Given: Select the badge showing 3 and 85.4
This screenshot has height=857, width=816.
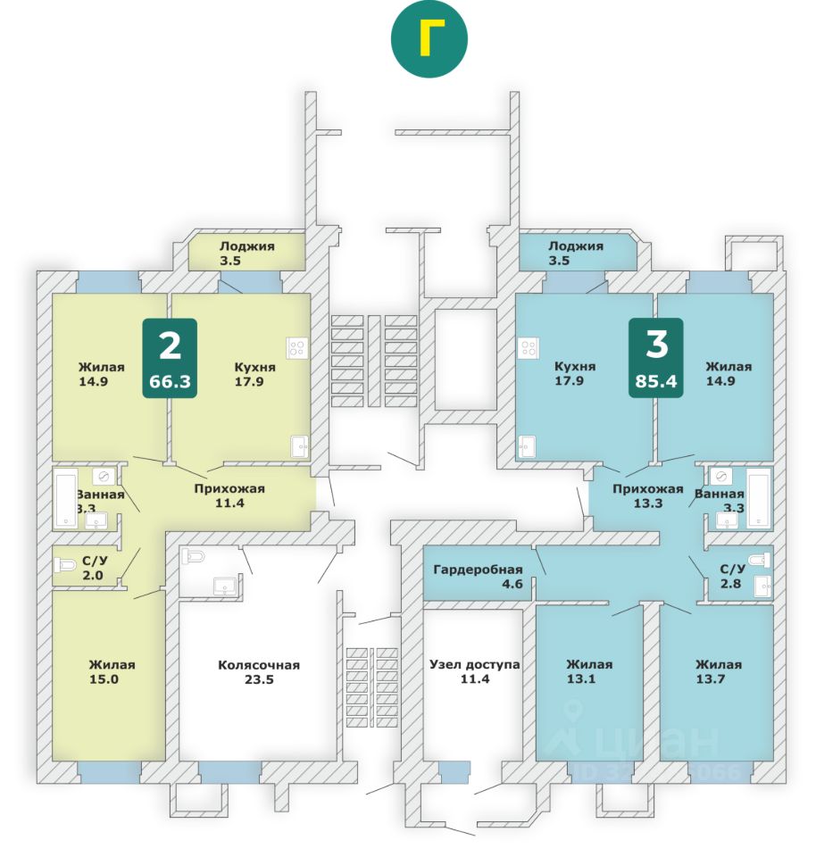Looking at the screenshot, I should pos(655,357).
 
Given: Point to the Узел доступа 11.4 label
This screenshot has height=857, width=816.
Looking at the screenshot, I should pos(474,672).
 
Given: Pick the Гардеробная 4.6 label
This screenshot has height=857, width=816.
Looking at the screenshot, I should pos(478,578).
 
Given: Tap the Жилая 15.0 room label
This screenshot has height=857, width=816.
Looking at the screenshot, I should pos(112,672).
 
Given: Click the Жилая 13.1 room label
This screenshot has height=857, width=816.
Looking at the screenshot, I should pos(589,672).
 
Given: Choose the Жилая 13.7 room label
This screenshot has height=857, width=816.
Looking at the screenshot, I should pos(719,672).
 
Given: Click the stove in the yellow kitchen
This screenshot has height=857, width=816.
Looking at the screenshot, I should pos(296,348).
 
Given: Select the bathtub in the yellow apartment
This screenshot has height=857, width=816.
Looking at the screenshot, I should pos(67,498).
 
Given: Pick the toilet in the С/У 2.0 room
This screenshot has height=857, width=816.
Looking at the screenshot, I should pos(64,564).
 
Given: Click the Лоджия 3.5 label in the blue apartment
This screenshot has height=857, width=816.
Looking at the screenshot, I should pos(576,254).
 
